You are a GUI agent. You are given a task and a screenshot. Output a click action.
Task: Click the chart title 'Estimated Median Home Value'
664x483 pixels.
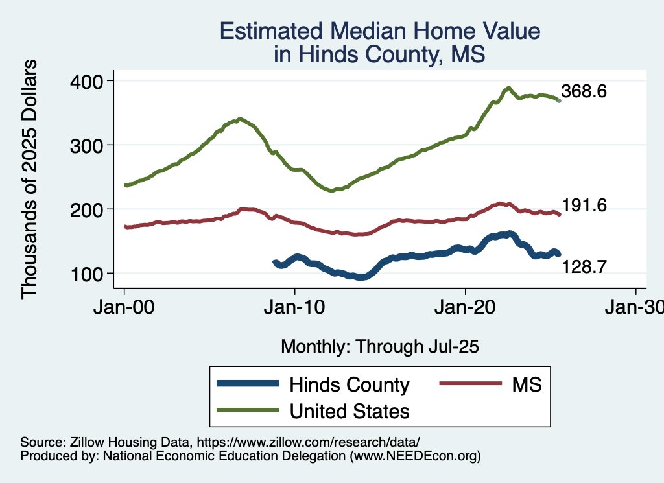(379, 31)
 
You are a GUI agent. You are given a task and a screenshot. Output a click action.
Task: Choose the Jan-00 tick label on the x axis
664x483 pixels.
(124, 308)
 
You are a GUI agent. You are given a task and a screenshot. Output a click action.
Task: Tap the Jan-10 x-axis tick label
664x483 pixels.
(295, 308)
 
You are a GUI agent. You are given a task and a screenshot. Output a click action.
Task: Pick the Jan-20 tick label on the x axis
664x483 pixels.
(466, 308)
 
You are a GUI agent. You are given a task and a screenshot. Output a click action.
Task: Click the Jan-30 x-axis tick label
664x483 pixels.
(635, 308)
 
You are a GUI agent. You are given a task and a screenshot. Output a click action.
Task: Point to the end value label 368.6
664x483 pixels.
(584, 91)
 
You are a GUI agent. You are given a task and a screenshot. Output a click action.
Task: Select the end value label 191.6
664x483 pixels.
(584, 206)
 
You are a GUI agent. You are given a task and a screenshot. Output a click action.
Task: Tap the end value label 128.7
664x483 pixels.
(584, 266)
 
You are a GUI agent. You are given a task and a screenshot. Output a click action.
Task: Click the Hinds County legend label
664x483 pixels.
(350, 384)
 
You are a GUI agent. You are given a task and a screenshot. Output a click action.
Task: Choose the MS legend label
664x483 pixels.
(527, 384)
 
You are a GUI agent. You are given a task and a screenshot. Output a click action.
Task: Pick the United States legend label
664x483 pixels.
(350, 411)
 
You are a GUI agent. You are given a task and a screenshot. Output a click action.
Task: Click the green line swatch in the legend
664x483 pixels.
(249, 411)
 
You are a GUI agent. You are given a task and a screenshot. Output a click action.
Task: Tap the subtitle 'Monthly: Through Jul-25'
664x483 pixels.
(379, 347)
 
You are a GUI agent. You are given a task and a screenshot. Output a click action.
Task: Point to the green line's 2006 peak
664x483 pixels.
(240, 119)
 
